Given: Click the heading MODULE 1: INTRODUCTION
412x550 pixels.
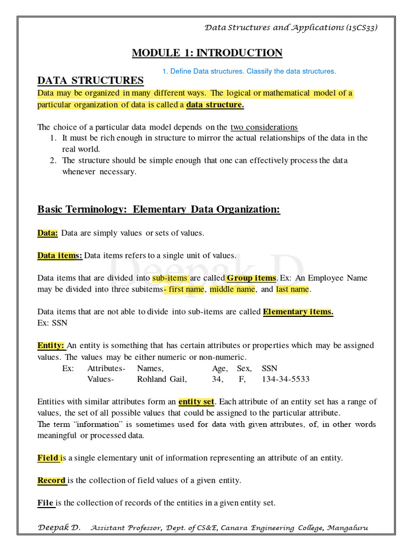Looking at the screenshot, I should [207, 53].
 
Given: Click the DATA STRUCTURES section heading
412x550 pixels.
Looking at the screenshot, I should [90, 81].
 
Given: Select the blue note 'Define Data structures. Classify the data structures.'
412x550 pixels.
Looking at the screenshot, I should [249, 71].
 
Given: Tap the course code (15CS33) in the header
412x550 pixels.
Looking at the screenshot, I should [362, 27].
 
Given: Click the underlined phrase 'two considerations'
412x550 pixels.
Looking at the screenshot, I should [264, 127].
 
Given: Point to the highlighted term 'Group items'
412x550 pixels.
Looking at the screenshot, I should [251, 278].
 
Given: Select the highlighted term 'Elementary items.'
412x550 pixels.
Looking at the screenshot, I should [298, 312].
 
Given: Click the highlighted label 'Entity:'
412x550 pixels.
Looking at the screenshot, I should [51, 345].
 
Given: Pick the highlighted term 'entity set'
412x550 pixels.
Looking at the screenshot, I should [196, 401].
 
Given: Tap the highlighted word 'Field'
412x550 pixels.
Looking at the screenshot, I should [48, 458].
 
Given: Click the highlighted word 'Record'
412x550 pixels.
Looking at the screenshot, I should [51, 481].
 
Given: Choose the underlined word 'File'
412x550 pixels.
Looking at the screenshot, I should [45, 503].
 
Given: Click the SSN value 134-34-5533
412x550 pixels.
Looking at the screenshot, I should [285, 379].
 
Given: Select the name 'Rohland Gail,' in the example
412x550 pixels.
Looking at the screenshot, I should [162, 379].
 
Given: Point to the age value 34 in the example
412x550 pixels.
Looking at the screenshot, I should [218, 379].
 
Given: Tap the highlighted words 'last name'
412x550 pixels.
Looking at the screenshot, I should [292, 290].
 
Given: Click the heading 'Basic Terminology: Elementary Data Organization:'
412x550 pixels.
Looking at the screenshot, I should [159, 209].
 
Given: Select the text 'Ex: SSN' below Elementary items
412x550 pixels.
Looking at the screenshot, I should [52, 323].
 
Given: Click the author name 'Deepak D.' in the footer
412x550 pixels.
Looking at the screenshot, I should [59, 528].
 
